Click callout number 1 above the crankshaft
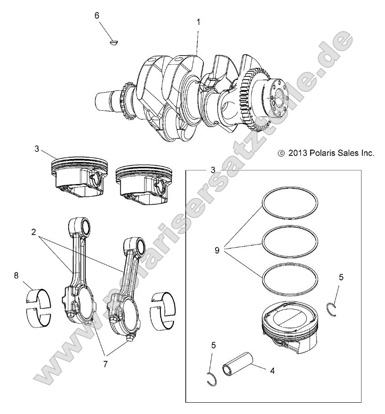198,21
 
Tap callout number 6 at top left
97,15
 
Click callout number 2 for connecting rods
33,232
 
